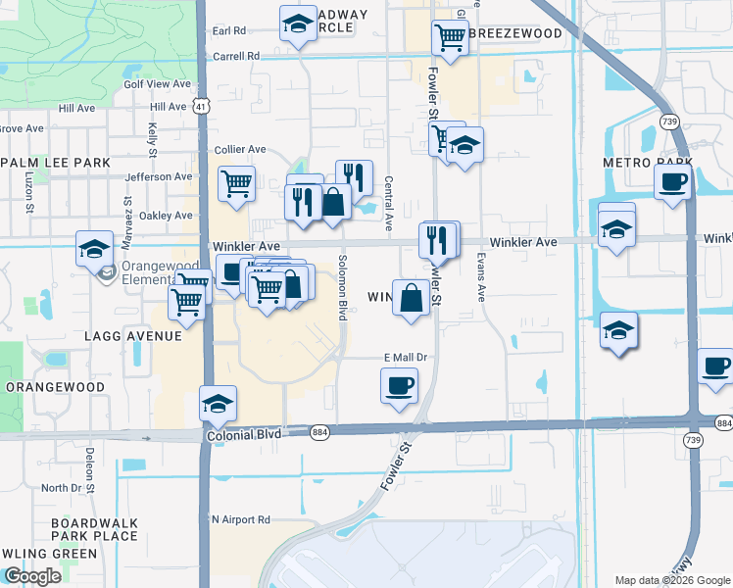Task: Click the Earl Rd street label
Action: coord(227,31)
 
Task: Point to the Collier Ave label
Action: coord(240,149)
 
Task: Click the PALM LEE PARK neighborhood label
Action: coord(41,161)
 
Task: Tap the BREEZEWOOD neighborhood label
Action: coord(516,33)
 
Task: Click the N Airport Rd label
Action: coord(240,519)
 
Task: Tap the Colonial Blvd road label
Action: coord(243,433)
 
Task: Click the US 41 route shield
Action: coord(200,105)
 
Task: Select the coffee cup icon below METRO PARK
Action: coord(673,182)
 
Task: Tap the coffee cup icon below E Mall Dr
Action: coord(399,385)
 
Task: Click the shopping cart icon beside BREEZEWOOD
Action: coord(450,37)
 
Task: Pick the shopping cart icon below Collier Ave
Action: coord(237,183)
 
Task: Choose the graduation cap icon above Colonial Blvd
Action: coord(218,403)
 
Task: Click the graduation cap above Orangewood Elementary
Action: coord(95,248)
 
